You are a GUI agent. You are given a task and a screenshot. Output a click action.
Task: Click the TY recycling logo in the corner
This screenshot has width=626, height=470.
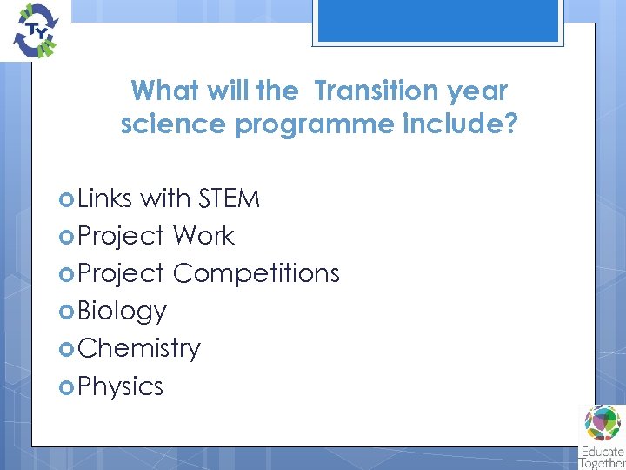(32, 30)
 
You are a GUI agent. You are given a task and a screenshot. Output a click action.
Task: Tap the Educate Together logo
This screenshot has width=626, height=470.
(602, 435)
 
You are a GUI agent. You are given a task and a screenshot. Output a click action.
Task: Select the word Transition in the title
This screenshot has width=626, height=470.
(377, 91)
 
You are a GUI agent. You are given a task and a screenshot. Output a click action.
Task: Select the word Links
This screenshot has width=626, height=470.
(104, 198)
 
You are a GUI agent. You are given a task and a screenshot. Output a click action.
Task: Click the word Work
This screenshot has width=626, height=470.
(203, 236)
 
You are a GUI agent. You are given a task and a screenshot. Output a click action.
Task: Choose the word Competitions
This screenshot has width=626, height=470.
(256, 273)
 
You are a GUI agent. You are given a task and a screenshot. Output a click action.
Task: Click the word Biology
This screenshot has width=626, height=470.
(122, 311)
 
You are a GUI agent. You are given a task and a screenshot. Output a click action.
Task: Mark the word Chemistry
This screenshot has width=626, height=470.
(138, 348)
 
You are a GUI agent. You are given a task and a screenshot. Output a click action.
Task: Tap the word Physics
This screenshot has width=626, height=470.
(120, 386)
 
